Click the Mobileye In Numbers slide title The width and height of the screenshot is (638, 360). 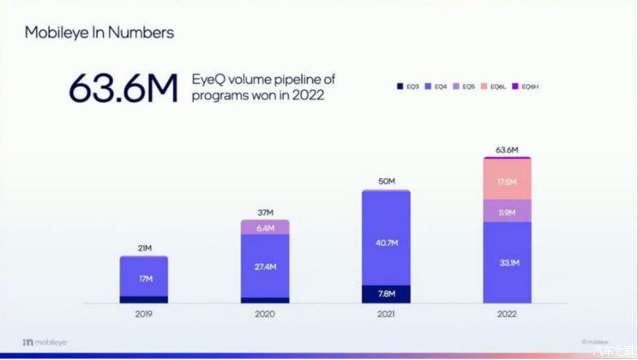pyautogui.click(x=99, y=33)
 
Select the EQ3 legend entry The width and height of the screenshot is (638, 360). pyautogui.click(x=407, y=87)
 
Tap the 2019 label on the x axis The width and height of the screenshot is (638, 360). pyautogui.click(x=143, y=315)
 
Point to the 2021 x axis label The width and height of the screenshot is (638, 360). pyautogui.click(x=386, y=315)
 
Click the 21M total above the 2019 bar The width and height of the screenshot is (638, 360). pyautogui.click(x=143, y=249)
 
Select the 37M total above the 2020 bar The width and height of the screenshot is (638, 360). pyautogui.click(x=265, y=212)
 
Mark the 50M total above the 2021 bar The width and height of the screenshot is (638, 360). pyautogui.click(x=386, y=182)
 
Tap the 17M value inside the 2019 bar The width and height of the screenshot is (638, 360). pyautogui.click(x=143, y=278)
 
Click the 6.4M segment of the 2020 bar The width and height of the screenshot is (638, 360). pyautogui.click(x=265, y=228)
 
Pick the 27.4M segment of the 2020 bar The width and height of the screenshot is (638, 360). pyautogui.click(x=265, y=267)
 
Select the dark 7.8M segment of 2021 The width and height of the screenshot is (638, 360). pyautogui.click(x=386, y=294)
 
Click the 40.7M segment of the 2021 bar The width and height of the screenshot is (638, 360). pyautogui.click(x=386, y=243)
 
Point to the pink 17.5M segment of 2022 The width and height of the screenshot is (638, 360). pyautogui.click(x=507, y=182)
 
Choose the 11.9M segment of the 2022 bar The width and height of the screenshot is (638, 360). pyautogui.click(x=507, y=212)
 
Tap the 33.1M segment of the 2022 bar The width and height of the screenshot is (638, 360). pyautogui.click(x=507, y=263)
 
